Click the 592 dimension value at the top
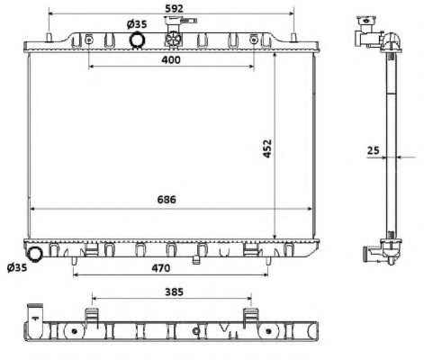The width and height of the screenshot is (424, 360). (x=175, y=9)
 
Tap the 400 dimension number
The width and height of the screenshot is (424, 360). (x=171, y=60)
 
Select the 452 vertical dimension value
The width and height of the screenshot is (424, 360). (x=267, y=148)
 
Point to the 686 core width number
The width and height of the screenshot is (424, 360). (x=167, y=200)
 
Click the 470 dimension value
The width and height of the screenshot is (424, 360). (x=161, y=268)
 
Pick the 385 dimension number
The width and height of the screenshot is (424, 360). (x=174, y=292)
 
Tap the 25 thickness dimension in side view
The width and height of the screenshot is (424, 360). (x=374, y=150)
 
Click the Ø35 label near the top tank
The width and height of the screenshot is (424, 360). (x=137, y=24)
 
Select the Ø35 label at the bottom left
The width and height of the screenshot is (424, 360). (x=17, y=267)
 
